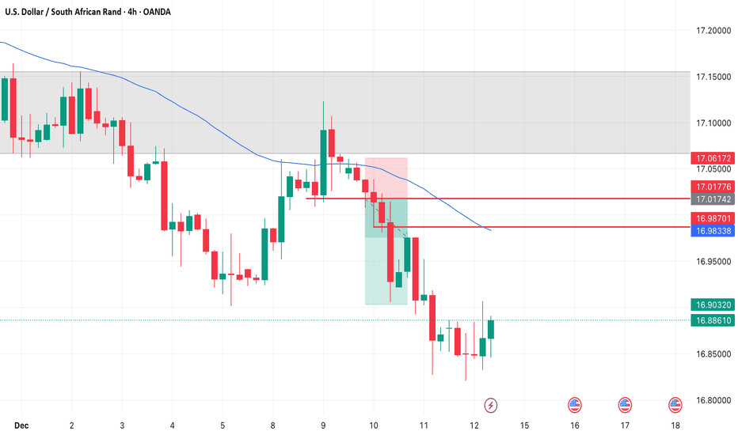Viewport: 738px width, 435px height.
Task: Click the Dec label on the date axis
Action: (x=21, y=425)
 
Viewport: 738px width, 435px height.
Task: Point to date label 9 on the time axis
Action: (x=323, y=425)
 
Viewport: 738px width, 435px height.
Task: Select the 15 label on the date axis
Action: (x=524, y=425)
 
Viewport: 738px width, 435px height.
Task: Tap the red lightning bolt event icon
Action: (x=491, y=405)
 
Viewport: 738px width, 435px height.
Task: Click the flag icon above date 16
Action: (x=574, y=405)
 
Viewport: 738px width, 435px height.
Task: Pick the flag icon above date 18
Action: (x=675, y=405)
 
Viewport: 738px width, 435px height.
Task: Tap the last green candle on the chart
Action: (x=491, y=328)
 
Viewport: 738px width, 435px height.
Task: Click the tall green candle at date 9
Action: (x=323, y=162)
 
